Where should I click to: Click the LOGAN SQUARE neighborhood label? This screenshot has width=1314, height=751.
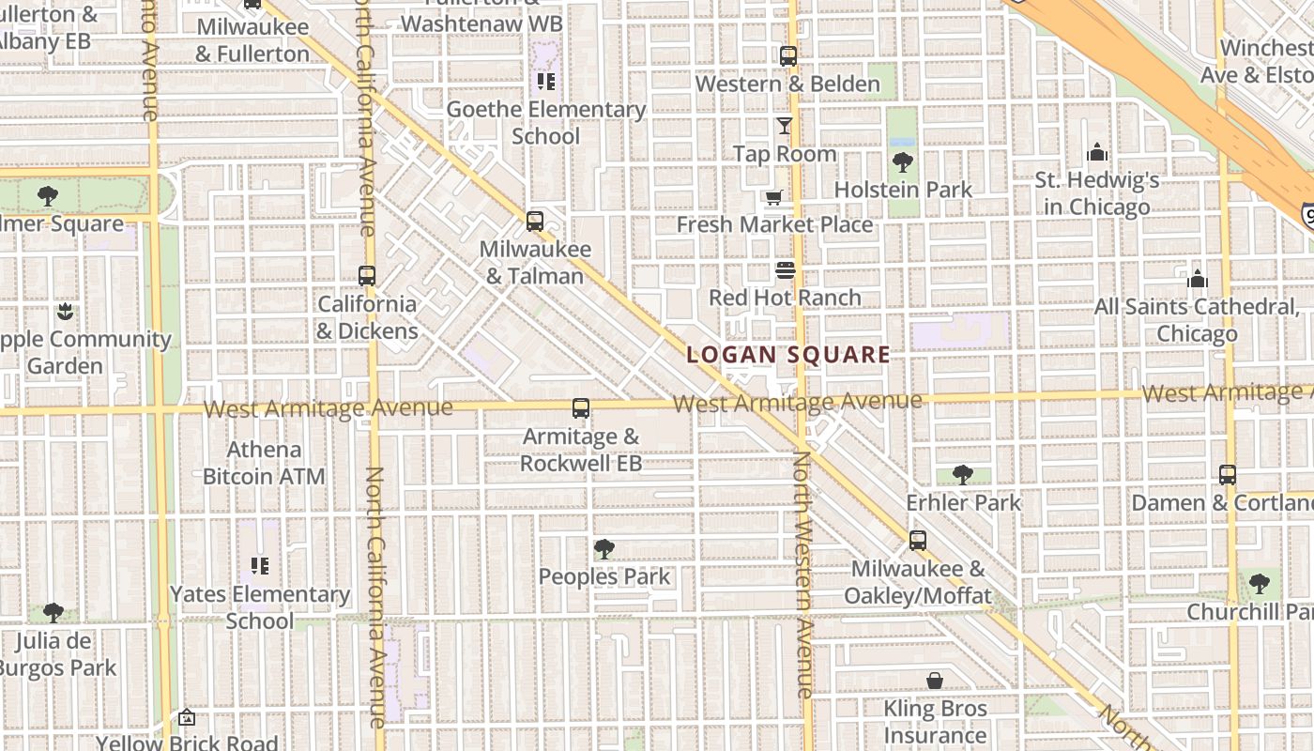[x=788, y=355]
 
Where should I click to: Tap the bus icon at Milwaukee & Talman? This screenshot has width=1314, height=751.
[x=535, y=222]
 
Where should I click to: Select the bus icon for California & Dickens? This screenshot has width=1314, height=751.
[x=367, y=276]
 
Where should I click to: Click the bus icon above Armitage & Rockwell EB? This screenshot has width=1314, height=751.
[x=581, y=408]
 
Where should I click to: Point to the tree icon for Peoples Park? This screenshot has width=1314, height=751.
[x=604, y=549]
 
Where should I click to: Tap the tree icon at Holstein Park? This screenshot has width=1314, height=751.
[x=903, y=162]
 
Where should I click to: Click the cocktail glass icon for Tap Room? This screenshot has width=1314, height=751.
[x=785, y=126]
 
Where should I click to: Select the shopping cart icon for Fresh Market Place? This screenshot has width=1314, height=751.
[x=773, y=197]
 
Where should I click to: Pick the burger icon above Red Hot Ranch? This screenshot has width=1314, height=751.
[x=786, y=270]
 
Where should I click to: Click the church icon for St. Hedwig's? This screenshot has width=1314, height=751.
[x=1096, y=152]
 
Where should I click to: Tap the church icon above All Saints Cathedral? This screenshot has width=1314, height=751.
[x=1197, y=279]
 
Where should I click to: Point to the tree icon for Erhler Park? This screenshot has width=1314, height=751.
[x=962, y=475]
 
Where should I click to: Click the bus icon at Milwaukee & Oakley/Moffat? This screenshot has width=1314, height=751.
[x=917, y=541]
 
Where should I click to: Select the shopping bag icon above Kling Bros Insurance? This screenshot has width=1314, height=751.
[x=935, y=681]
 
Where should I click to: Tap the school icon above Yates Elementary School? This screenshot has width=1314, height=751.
[x=260, y=566]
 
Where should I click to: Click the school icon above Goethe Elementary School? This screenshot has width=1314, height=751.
[x=546, y=82]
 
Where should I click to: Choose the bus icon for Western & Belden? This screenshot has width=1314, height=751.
[x=788, y=56]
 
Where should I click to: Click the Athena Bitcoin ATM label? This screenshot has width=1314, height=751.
[x=264, y=463]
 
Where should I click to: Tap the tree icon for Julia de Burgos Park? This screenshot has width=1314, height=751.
[x=53, y=613]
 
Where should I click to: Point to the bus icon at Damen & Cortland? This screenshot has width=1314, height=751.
[x=1227, y=475]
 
